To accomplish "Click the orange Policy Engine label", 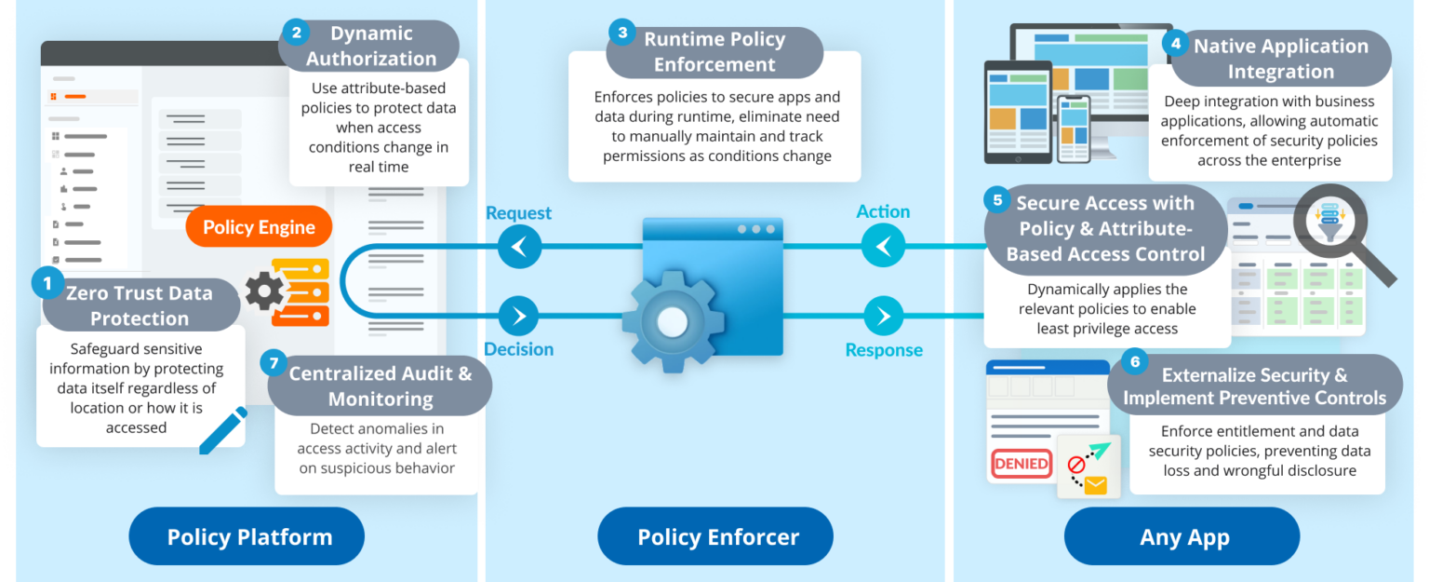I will pos(259,227).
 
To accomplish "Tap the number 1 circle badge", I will pos(47,279).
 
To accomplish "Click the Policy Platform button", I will pos(248,536).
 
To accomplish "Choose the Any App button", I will pos(1182,536).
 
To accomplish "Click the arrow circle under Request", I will pos(519,248).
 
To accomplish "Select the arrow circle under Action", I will pos(882,247).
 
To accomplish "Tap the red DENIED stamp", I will pos(1021,463).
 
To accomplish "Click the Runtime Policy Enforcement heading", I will pos(714,52).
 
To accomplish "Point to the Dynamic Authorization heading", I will pos(370,46).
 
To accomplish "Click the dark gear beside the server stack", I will pos(265,291).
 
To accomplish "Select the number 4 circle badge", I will pos(1176,43).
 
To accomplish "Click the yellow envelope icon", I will pos(1095,485).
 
